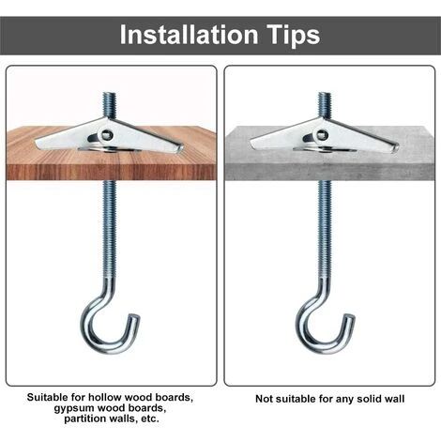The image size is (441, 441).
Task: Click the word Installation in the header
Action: [x=189, y=34]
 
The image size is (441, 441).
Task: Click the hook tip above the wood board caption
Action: [x=136, y=318]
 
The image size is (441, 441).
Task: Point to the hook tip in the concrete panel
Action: [x=351, y=317]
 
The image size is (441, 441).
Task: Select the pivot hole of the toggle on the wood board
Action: [x=106, y=135]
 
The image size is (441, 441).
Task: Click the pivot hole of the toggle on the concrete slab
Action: [x=322, y=135]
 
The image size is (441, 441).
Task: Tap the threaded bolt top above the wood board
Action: [x=110, y=94]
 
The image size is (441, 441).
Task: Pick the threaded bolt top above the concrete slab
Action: [x=325, y=94]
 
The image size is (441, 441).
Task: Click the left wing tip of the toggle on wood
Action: [x=37, y=144]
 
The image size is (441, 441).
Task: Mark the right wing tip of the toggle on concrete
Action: [x=396, y=147]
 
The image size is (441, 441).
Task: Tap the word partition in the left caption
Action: [x=83, y=418]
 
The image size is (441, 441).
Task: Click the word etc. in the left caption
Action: [x=150, y=418]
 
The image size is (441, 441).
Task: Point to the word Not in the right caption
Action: [x=263, y=399]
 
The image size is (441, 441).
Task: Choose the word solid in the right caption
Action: [x=370, y=399]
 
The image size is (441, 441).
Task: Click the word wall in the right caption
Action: [x=394, y=399]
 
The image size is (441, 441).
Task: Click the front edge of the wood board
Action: [x=111, y=173]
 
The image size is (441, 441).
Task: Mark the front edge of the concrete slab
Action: [x=329, y=173]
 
